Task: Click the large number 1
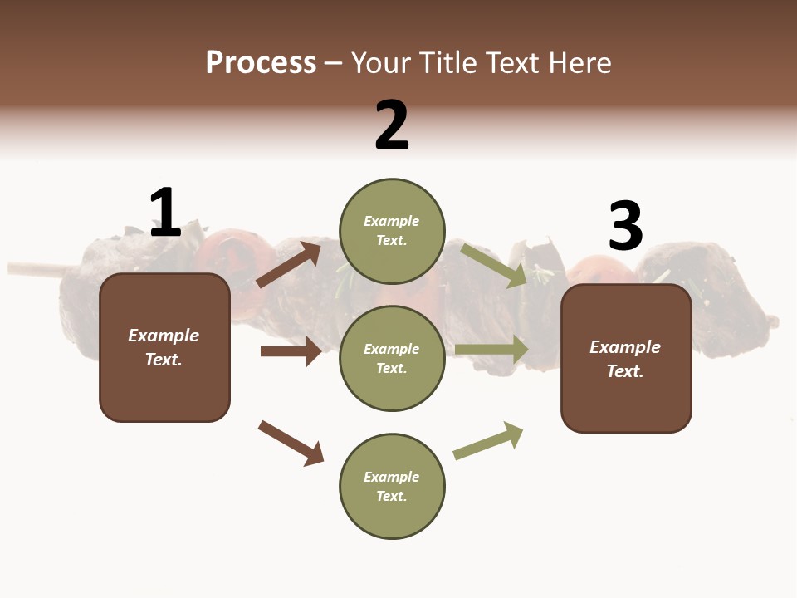coord(165,213)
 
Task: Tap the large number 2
coord(392,125)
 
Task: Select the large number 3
coord(625,227)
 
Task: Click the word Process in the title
coord(261,62)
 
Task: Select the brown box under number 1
coord(164,347)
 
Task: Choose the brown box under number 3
coord(626,359)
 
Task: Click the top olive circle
coord(392,231)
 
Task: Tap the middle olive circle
coord(392,358)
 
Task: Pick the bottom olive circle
coord(392,486)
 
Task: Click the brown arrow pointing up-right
coord(289,264)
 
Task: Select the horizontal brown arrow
coord(291,351)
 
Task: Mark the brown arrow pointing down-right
coord(291,442)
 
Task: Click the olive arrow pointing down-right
coord(494,265)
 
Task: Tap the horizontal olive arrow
coord(491,350)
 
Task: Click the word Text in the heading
coord(511,62)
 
